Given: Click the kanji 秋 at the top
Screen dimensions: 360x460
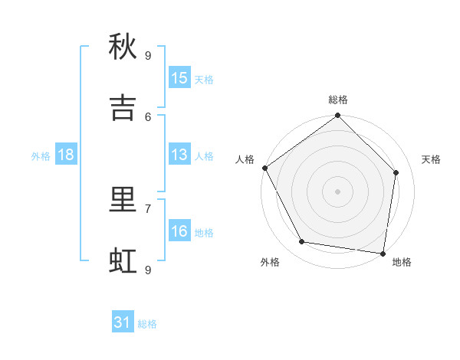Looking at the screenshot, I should [123, 47].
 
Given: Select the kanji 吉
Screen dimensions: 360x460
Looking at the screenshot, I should [123, 108].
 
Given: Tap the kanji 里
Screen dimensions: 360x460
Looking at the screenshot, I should [123, 200].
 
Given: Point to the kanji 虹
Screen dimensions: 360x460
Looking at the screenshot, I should [123, 261].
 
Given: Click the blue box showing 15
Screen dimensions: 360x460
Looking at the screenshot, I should [179, 78].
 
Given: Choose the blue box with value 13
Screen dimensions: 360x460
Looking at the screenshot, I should [179, 155].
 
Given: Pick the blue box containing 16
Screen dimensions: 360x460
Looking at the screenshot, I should [179, 231].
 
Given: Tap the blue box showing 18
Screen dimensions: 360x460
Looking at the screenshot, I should [66, 155].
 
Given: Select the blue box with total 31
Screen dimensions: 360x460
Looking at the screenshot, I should [123, 322].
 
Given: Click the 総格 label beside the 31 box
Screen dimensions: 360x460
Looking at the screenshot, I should [147, 324].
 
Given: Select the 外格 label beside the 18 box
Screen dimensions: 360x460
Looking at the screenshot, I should [41, 155].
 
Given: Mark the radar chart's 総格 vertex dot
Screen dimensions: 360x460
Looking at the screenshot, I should [337, 116].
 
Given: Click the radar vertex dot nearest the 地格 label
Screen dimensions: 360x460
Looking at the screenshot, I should [383, 252].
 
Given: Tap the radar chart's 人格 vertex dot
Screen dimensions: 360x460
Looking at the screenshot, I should [265, 168].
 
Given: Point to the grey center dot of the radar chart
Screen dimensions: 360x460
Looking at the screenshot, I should [337, 191].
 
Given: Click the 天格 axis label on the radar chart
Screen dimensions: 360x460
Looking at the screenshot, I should [431, 159].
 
